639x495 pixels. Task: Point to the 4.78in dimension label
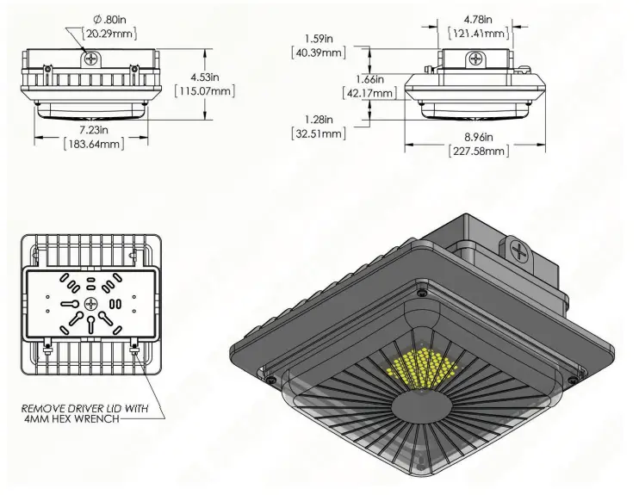(x=479, y=18)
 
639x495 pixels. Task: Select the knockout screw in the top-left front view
(x=90, y=57)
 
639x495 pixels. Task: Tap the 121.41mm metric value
(x=479, y=33)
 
